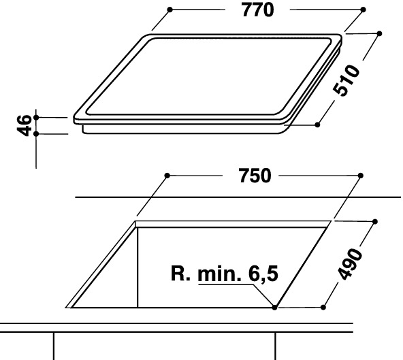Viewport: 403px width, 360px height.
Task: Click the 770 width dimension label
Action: pyautogui.click(x=258, y=10)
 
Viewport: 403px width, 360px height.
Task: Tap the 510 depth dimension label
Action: pyautogui.click(x=346, y=81)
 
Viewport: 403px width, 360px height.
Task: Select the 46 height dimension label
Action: pyautogui.click(x=24, y=125)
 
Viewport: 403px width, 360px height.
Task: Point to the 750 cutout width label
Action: pyautogui.click(x=255, y=176)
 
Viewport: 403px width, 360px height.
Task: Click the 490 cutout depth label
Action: pyautogui.click(x=350, y=263)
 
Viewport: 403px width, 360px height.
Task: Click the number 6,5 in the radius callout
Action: pyautogui.click(x=263, y=274)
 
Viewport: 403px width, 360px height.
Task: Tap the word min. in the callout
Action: pyautogui.click(x=220, y=274)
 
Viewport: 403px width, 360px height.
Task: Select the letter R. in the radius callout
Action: pyautogui.click(x=180, y=274)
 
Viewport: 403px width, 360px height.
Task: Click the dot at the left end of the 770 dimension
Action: pyautogui.click(x=170, y=10)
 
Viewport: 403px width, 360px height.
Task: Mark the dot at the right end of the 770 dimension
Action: pyautogui.click(x=363, y=10)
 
